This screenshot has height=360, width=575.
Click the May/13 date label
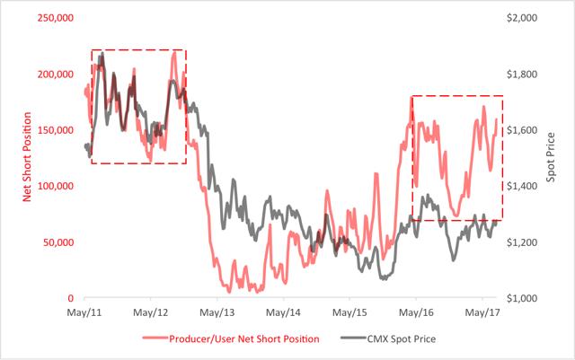click(217, 313)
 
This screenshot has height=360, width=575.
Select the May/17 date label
click(482, 313)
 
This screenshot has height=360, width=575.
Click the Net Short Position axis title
click(26, 158)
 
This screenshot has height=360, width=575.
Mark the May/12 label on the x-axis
click(151, 313)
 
